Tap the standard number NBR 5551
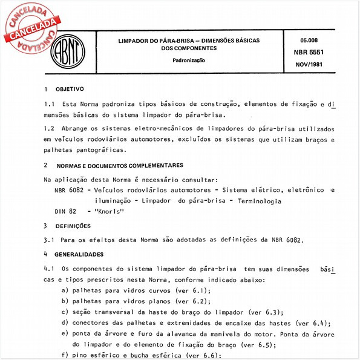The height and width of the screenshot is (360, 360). pos(314,52)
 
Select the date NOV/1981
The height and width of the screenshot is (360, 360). pos(314,64)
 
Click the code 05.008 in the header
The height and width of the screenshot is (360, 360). pos(313,41)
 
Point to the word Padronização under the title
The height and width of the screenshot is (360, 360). pos(190,61)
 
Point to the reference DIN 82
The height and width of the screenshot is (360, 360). pos(65,211)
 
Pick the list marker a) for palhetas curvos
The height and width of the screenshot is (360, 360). pos(64,290)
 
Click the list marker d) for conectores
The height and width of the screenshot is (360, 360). pos(64,322)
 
